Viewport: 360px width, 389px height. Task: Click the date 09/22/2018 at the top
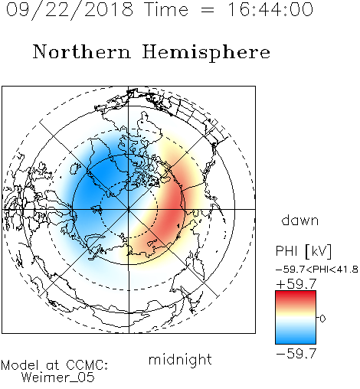[70, 10]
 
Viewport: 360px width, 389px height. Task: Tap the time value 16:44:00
[270, 9]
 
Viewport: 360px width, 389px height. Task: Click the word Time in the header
[166, 9]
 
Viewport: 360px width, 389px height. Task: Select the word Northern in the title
[81, 52]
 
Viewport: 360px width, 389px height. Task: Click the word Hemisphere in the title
[206, 53]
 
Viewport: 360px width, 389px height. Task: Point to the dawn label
[300, 221]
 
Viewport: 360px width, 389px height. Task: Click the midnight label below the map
[180, 360]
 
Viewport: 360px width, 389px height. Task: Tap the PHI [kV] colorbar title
[303, 251]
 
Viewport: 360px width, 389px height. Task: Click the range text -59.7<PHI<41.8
[317, 270]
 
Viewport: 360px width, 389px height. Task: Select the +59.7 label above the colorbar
[296, 284]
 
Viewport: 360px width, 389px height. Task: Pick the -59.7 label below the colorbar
[296, 353]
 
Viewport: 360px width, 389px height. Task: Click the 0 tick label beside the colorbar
[322, 319]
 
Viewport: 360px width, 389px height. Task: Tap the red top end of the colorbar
[296, 293]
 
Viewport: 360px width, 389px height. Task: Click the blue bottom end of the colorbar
[296, 342]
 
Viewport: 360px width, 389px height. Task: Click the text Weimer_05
[58, 378]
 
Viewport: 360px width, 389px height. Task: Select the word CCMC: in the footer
[87, 365]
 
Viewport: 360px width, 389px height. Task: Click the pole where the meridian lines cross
[129, 209]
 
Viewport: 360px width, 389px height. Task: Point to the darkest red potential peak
[172, 208]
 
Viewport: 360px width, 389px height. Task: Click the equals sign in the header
[208, 10]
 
